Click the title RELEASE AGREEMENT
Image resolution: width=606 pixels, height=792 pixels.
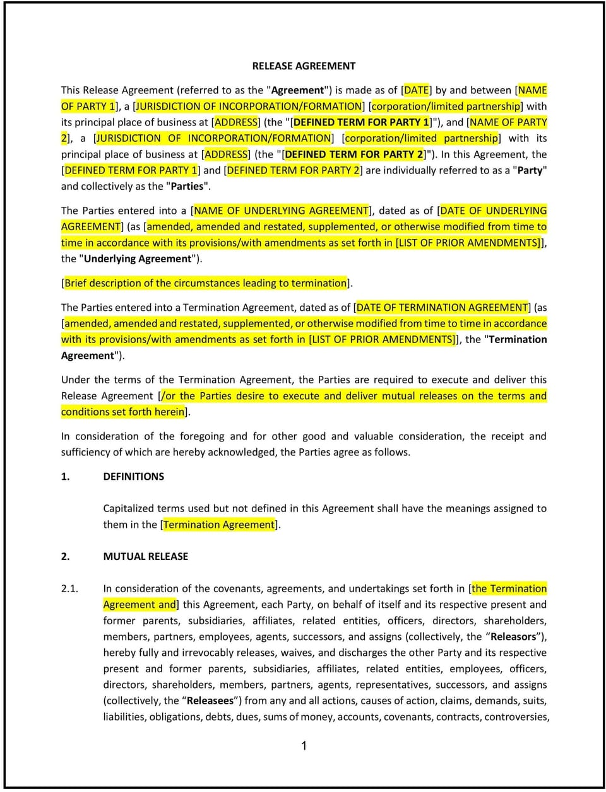304,66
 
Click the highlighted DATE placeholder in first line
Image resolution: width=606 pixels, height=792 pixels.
417,90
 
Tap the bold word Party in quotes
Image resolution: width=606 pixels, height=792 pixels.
530,170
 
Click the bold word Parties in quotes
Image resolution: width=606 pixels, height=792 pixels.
187,186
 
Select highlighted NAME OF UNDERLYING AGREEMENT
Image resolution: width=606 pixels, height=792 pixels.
281,211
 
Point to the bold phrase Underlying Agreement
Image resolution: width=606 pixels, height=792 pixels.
138,259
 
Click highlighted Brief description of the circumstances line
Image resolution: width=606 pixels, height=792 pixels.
206,283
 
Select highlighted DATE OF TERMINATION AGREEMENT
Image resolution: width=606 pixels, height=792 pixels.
442,307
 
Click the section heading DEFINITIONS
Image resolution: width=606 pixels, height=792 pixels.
133,477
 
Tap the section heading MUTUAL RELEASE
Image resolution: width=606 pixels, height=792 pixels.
145,556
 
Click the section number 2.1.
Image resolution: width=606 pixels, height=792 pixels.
69,588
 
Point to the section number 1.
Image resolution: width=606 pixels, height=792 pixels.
65,477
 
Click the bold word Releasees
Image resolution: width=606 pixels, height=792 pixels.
210,701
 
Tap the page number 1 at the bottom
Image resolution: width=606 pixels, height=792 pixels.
304,746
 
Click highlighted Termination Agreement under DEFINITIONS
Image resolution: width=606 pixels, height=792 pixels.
219,525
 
